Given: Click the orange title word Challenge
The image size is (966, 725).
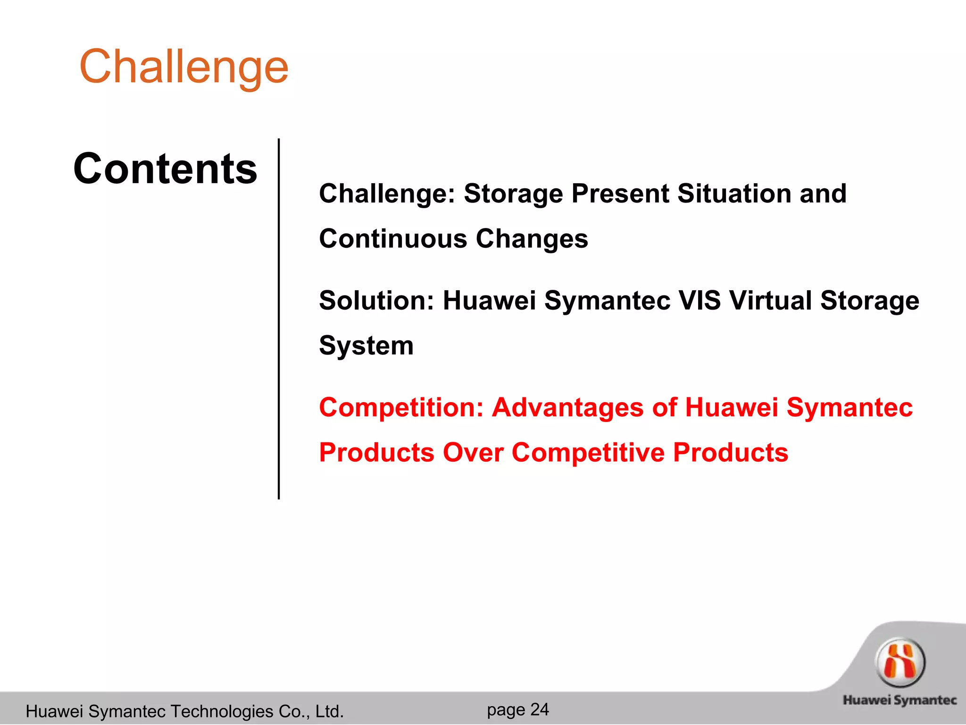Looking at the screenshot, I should (184, 67).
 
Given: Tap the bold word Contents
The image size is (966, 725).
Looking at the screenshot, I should (165, 169).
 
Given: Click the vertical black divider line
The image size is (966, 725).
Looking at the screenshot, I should (279, 319).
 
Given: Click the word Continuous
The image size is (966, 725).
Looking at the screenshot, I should (393, 239).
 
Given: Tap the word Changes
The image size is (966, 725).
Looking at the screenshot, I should (532, 239).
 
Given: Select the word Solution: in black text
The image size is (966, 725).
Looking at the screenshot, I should (376, 301).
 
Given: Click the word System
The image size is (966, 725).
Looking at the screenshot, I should (366, 346).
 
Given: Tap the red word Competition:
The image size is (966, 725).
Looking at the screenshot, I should (401, 408).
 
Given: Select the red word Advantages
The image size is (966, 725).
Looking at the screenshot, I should (567, 408).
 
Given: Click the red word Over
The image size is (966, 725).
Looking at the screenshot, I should (473, 453).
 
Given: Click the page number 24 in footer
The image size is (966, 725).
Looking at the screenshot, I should (540, 709).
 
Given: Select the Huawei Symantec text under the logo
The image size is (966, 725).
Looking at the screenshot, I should (899, 700).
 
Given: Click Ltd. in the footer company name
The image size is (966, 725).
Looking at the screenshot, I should (329, 711).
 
